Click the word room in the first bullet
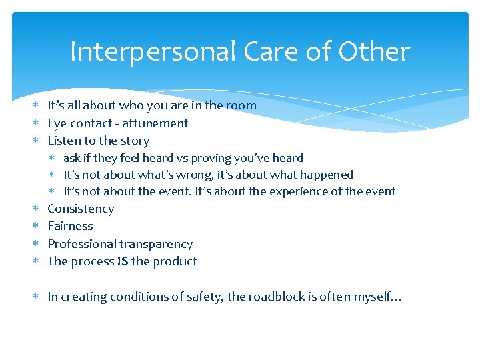click(241, 105)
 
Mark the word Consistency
click(81, 209)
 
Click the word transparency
click(157, 244)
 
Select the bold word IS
click(122, 261)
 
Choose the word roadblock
click(277, 297)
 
